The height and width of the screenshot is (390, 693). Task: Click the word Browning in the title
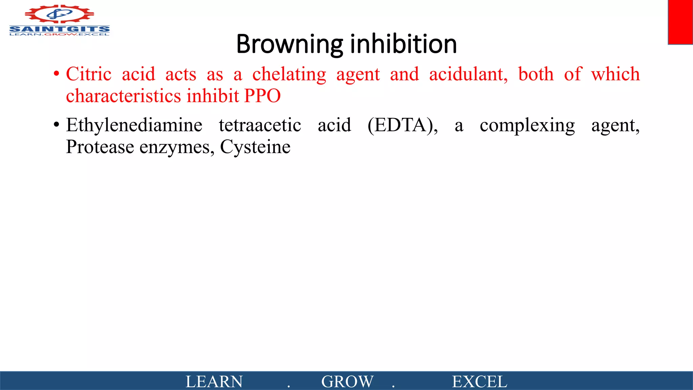coord(289,44)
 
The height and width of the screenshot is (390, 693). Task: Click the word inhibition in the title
coord(403,44)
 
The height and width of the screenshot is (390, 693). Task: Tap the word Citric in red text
coord(89,74)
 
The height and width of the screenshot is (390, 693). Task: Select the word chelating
coord(289,75)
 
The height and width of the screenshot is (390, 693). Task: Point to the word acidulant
coord(468,74)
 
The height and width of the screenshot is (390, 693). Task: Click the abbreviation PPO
coord(262,96)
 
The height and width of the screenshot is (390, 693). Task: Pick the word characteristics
coord(124,96)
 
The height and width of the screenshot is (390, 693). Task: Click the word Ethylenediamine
coord(134,125)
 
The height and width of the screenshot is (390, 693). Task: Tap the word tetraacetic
coord(260,125)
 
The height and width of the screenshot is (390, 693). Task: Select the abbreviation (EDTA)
coord(402,125)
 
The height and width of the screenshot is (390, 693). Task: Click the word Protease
coord(100,147)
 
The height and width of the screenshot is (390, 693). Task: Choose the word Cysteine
coord(255,147)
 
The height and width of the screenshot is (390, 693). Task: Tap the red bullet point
coord(57,74)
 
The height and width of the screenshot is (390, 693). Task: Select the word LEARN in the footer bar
coord(214,382)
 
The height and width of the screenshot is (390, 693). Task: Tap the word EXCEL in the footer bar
coord(479,382)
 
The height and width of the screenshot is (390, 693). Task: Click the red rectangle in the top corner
coord(680,22)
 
